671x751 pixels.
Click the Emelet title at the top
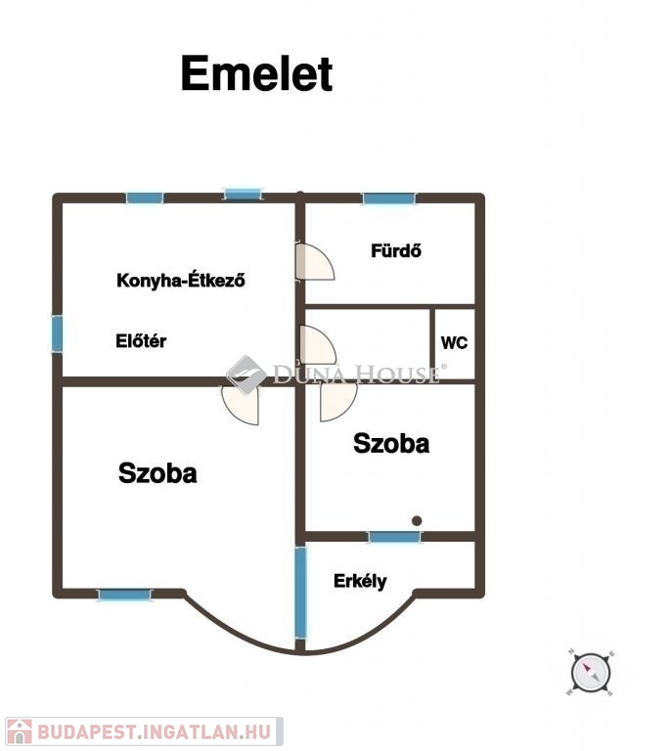[256, 73]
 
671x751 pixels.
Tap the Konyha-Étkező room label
[181, 280]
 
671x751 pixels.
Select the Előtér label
[141, 340]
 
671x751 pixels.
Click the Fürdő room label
[396, 250]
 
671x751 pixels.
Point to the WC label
[454, 342]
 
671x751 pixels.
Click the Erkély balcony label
[360, 581]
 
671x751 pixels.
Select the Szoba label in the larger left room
[157, 472]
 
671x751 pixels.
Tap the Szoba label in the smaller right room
[391, 443]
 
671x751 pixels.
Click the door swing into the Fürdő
[315, 261]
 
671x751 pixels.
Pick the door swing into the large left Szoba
[241, 405]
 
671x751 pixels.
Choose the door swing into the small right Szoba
[338, 401]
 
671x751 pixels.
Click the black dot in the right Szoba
[417, 520]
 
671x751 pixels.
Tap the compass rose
[591, 672]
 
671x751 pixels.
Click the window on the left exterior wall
[57, 333]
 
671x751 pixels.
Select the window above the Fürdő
[388, 199]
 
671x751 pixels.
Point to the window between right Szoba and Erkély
[394, 537]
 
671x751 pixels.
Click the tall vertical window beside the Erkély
[300, 593]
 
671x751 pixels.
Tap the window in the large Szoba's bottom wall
[124, 595]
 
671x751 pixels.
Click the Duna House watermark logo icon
[246, 375]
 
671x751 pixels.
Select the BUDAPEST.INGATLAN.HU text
[154, 732]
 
